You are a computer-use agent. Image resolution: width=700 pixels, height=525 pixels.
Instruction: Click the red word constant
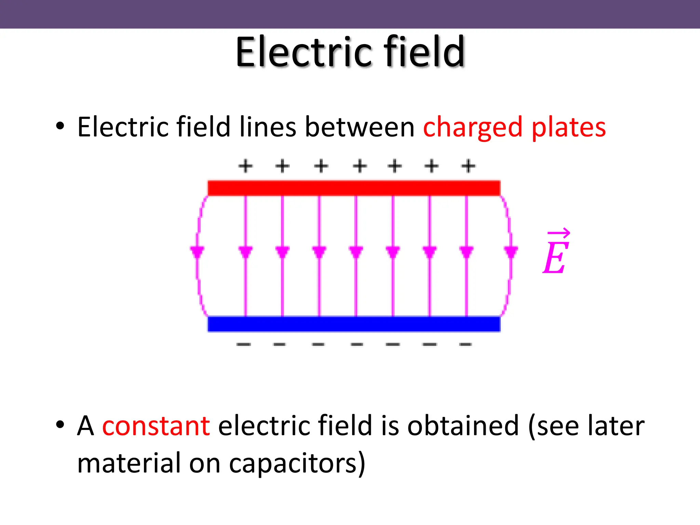tap(156, 426)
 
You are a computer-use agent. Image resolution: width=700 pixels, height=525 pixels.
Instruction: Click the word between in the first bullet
tap(360, 127)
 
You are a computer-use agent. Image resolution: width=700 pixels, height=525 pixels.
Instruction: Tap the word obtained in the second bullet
tap(463, 426)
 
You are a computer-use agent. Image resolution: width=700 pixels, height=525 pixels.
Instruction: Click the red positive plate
tap(354, 188)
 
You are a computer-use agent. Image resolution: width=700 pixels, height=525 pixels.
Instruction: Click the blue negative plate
tap(354, 324)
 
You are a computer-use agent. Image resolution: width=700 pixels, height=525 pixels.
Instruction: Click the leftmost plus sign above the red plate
tap(245, 166)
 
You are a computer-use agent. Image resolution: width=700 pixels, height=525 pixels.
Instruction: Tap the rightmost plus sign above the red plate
tap(468, 166)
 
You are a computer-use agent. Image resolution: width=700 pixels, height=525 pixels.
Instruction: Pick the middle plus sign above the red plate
tap(360, 166)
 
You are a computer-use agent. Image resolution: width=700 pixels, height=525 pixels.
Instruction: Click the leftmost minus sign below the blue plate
tap(244, 344)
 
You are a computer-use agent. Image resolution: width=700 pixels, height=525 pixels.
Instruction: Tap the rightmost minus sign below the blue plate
tap(466, 344)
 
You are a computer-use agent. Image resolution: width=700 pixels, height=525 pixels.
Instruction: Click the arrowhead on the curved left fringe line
tap(197, 252)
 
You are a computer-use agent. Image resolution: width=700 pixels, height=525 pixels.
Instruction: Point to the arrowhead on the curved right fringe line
tap(511, 252)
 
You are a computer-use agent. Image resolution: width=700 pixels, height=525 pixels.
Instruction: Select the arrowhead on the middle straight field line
tap(356, 252)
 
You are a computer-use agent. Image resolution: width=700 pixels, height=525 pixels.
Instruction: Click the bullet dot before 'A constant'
tap(60, 424)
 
